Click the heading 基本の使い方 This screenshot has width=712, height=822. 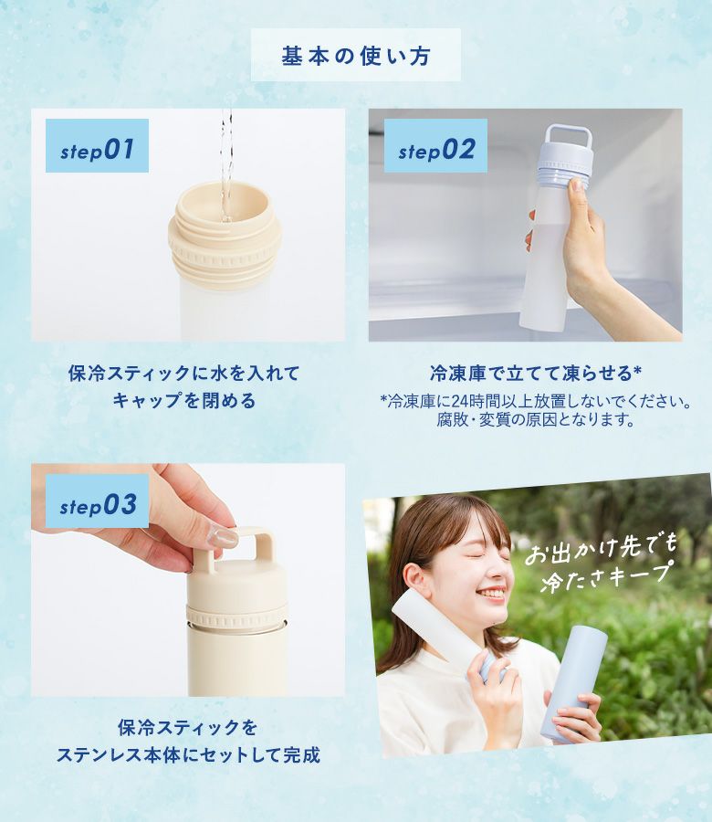pos(356,56)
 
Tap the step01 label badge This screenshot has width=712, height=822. pos(97,146)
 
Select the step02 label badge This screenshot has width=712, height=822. pos(435,146)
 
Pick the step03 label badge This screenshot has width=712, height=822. pos(97,501)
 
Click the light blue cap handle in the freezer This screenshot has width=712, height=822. pos(569,140)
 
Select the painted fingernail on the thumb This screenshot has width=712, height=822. pos(225,538)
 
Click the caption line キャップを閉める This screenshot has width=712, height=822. pos(183,401)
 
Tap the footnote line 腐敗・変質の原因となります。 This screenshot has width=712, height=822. pos(536,419)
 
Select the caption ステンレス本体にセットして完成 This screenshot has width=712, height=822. pos(188,755)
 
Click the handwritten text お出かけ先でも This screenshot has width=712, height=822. pos(602,548)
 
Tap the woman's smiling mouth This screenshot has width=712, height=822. pos(491,594)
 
